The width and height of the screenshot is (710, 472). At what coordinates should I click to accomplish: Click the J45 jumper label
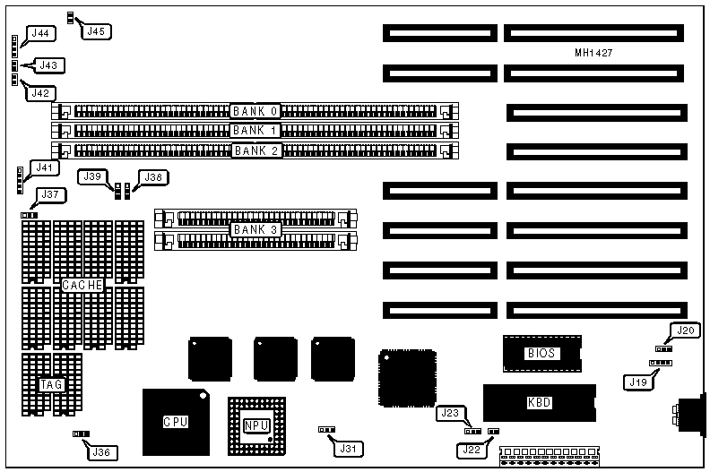pyautogui.click(x=94, y=31)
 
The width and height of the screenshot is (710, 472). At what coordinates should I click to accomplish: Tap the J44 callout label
pyautogui.click(x=41, y=34)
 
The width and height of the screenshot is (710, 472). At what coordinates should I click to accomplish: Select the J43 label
pyautogui.click(x=48, y=64)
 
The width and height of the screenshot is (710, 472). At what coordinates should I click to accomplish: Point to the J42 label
pyautogui.click(x=41, y=92)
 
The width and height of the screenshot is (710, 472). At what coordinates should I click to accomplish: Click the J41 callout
pyautogui.click(x=42, y=167)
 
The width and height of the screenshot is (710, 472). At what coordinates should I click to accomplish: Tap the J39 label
pyautogui.click(x=91, y=177)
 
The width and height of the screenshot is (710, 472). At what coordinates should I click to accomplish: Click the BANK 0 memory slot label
pyautogui.click(x=255, y=112)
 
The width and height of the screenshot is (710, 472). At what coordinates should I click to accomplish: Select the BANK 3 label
pyautogui.click(x=255, y=230)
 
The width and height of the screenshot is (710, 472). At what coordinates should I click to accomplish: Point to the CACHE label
pyautogui.click(x=82, y=284)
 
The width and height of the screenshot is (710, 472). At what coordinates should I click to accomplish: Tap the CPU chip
pyautogui.click(x=176, y=421)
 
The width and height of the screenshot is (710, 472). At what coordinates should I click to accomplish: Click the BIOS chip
pyautogui.click(x=542, y=354)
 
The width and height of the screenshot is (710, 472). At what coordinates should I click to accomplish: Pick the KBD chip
pyautogui.click(x=540, y=403)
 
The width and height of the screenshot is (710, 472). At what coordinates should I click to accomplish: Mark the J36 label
pyautogui.click(x=102, y=451)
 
